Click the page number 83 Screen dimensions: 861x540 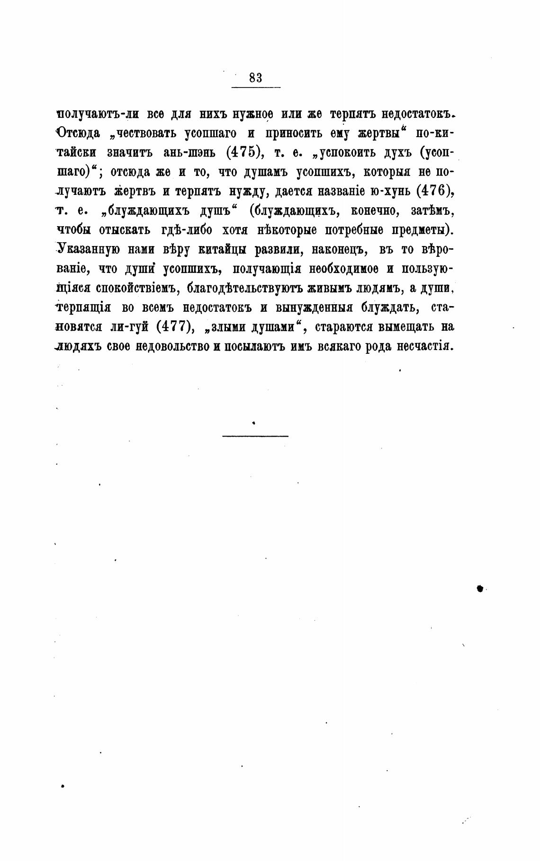255,78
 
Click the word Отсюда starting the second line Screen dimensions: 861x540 78,133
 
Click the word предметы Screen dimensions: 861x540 422,230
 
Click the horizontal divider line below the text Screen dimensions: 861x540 255,436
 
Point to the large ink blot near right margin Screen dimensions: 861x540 479,588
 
